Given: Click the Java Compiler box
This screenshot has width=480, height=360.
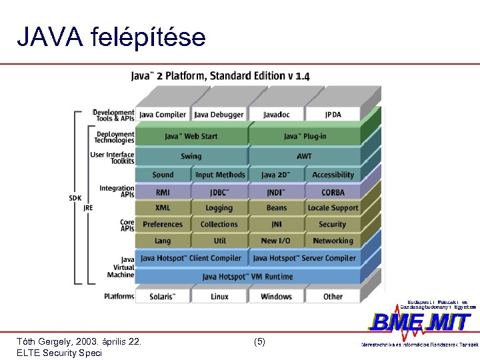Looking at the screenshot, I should (x=163, y=115).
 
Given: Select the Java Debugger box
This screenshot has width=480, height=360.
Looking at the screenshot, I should (x=219, y=115).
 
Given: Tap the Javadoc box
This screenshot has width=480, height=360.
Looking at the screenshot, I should (x=277, y=115).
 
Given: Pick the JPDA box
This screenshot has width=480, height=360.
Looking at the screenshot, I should (x=333, y=115).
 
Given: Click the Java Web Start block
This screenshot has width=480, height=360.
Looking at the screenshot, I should (x=191, y=136).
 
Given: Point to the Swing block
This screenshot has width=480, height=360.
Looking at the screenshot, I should (x=191, y=156).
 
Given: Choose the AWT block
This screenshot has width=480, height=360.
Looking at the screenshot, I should (x=304, y=156).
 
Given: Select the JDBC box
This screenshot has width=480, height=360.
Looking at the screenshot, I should (x=219, y=193).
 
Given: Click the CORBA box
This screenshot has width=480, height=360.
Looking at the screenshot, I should (x=333, y=193).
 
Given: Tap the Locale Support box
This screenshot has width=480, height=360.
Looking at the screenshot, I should (x=333, y=208).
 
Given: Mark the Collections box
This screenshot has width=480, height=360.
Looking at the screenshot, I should (x=219, y=225).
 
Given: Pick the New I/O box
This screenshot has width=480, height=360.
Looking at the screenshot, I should (x=276, y=241).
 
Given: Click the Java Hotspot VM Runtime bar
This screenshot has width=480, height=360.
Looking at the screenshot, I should (x=248, y=276).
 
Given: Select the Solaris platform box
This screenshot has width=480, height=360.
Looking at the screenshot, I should (x=163, y=297).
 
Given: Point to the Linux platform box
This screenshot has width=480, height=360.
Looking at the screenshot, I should (x=219, y=297).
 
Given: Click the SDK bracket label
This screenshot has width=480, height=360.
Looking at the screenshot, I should (x=75, y=198).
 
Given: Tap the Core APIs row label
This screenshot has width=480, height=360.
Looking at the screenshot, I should (x=127, y=225).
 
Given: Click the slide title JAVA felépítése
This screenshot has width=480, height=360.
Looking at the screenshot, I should (x=111, y=38).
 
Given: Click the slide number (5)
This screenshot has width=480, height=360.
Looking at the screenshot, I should (x=260, y=341).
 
